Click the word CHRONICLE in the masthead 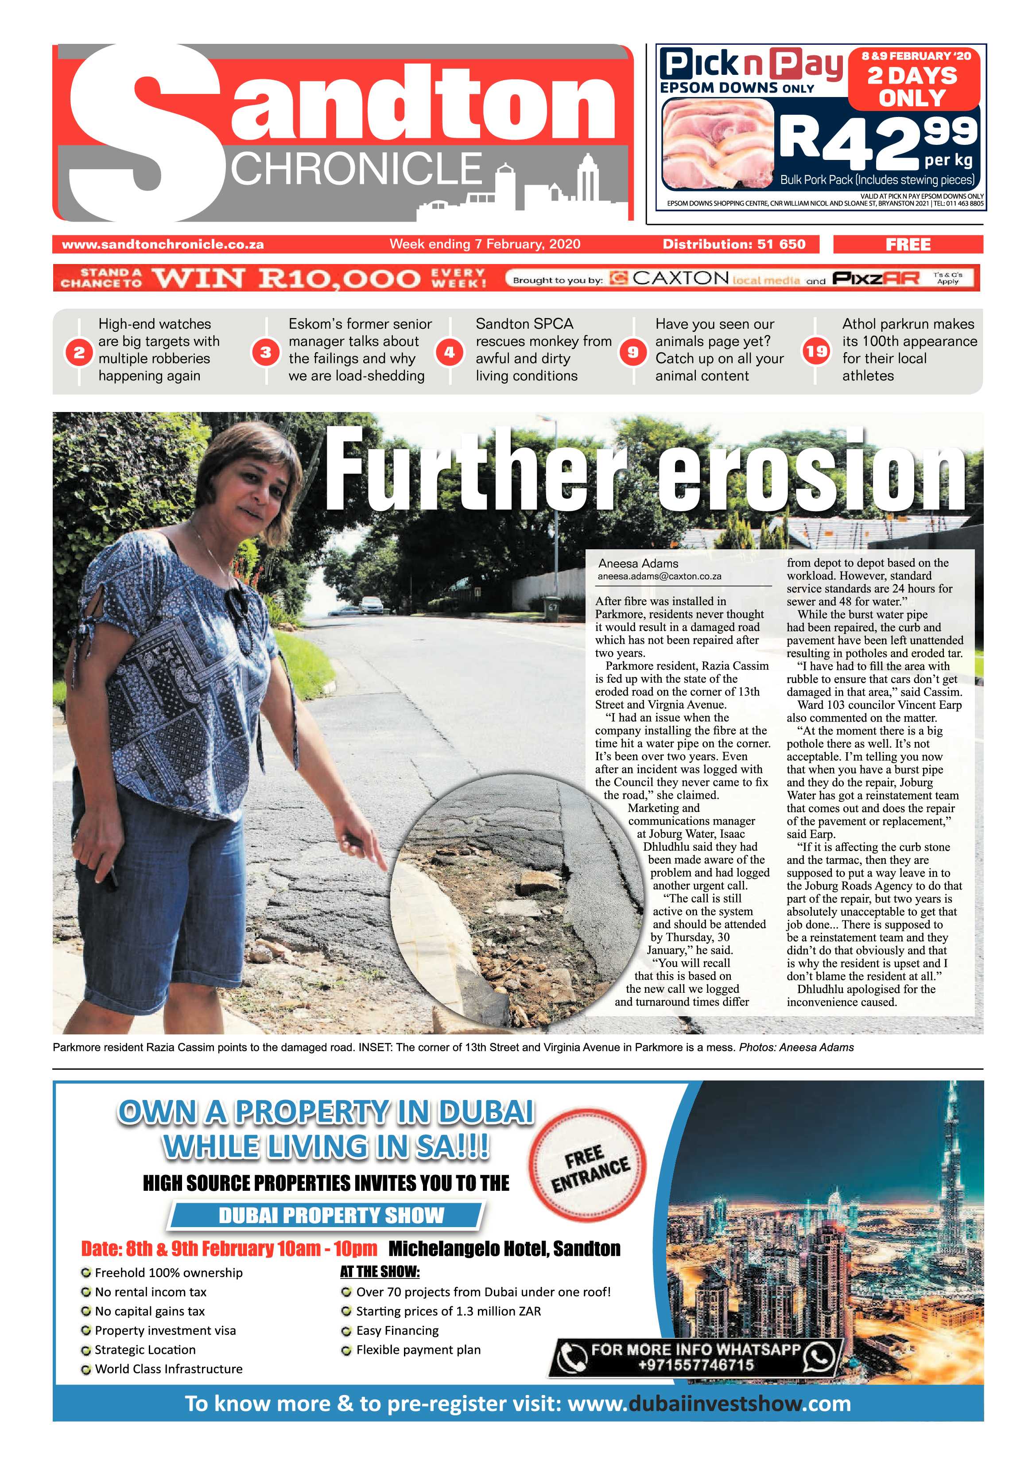coord(356,169)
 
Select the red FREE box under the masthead coord(908,245)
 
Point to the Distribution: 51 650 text coord(733,245)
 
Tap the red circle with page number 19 coord(816,351)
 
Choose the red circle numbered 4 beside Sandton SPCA coord(449,352)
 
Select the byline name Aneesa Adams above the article coord(638,563)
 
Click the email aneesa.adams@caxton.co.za coord(659,576)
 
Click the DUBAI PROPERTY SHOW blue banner coord(330,1215)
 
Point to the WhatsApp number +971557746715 coord(695,1365)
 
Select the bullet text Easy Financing coord(397,1330)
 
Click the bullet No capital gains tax coord(149,1311)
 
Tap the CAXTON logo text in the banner coord(680,278)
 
